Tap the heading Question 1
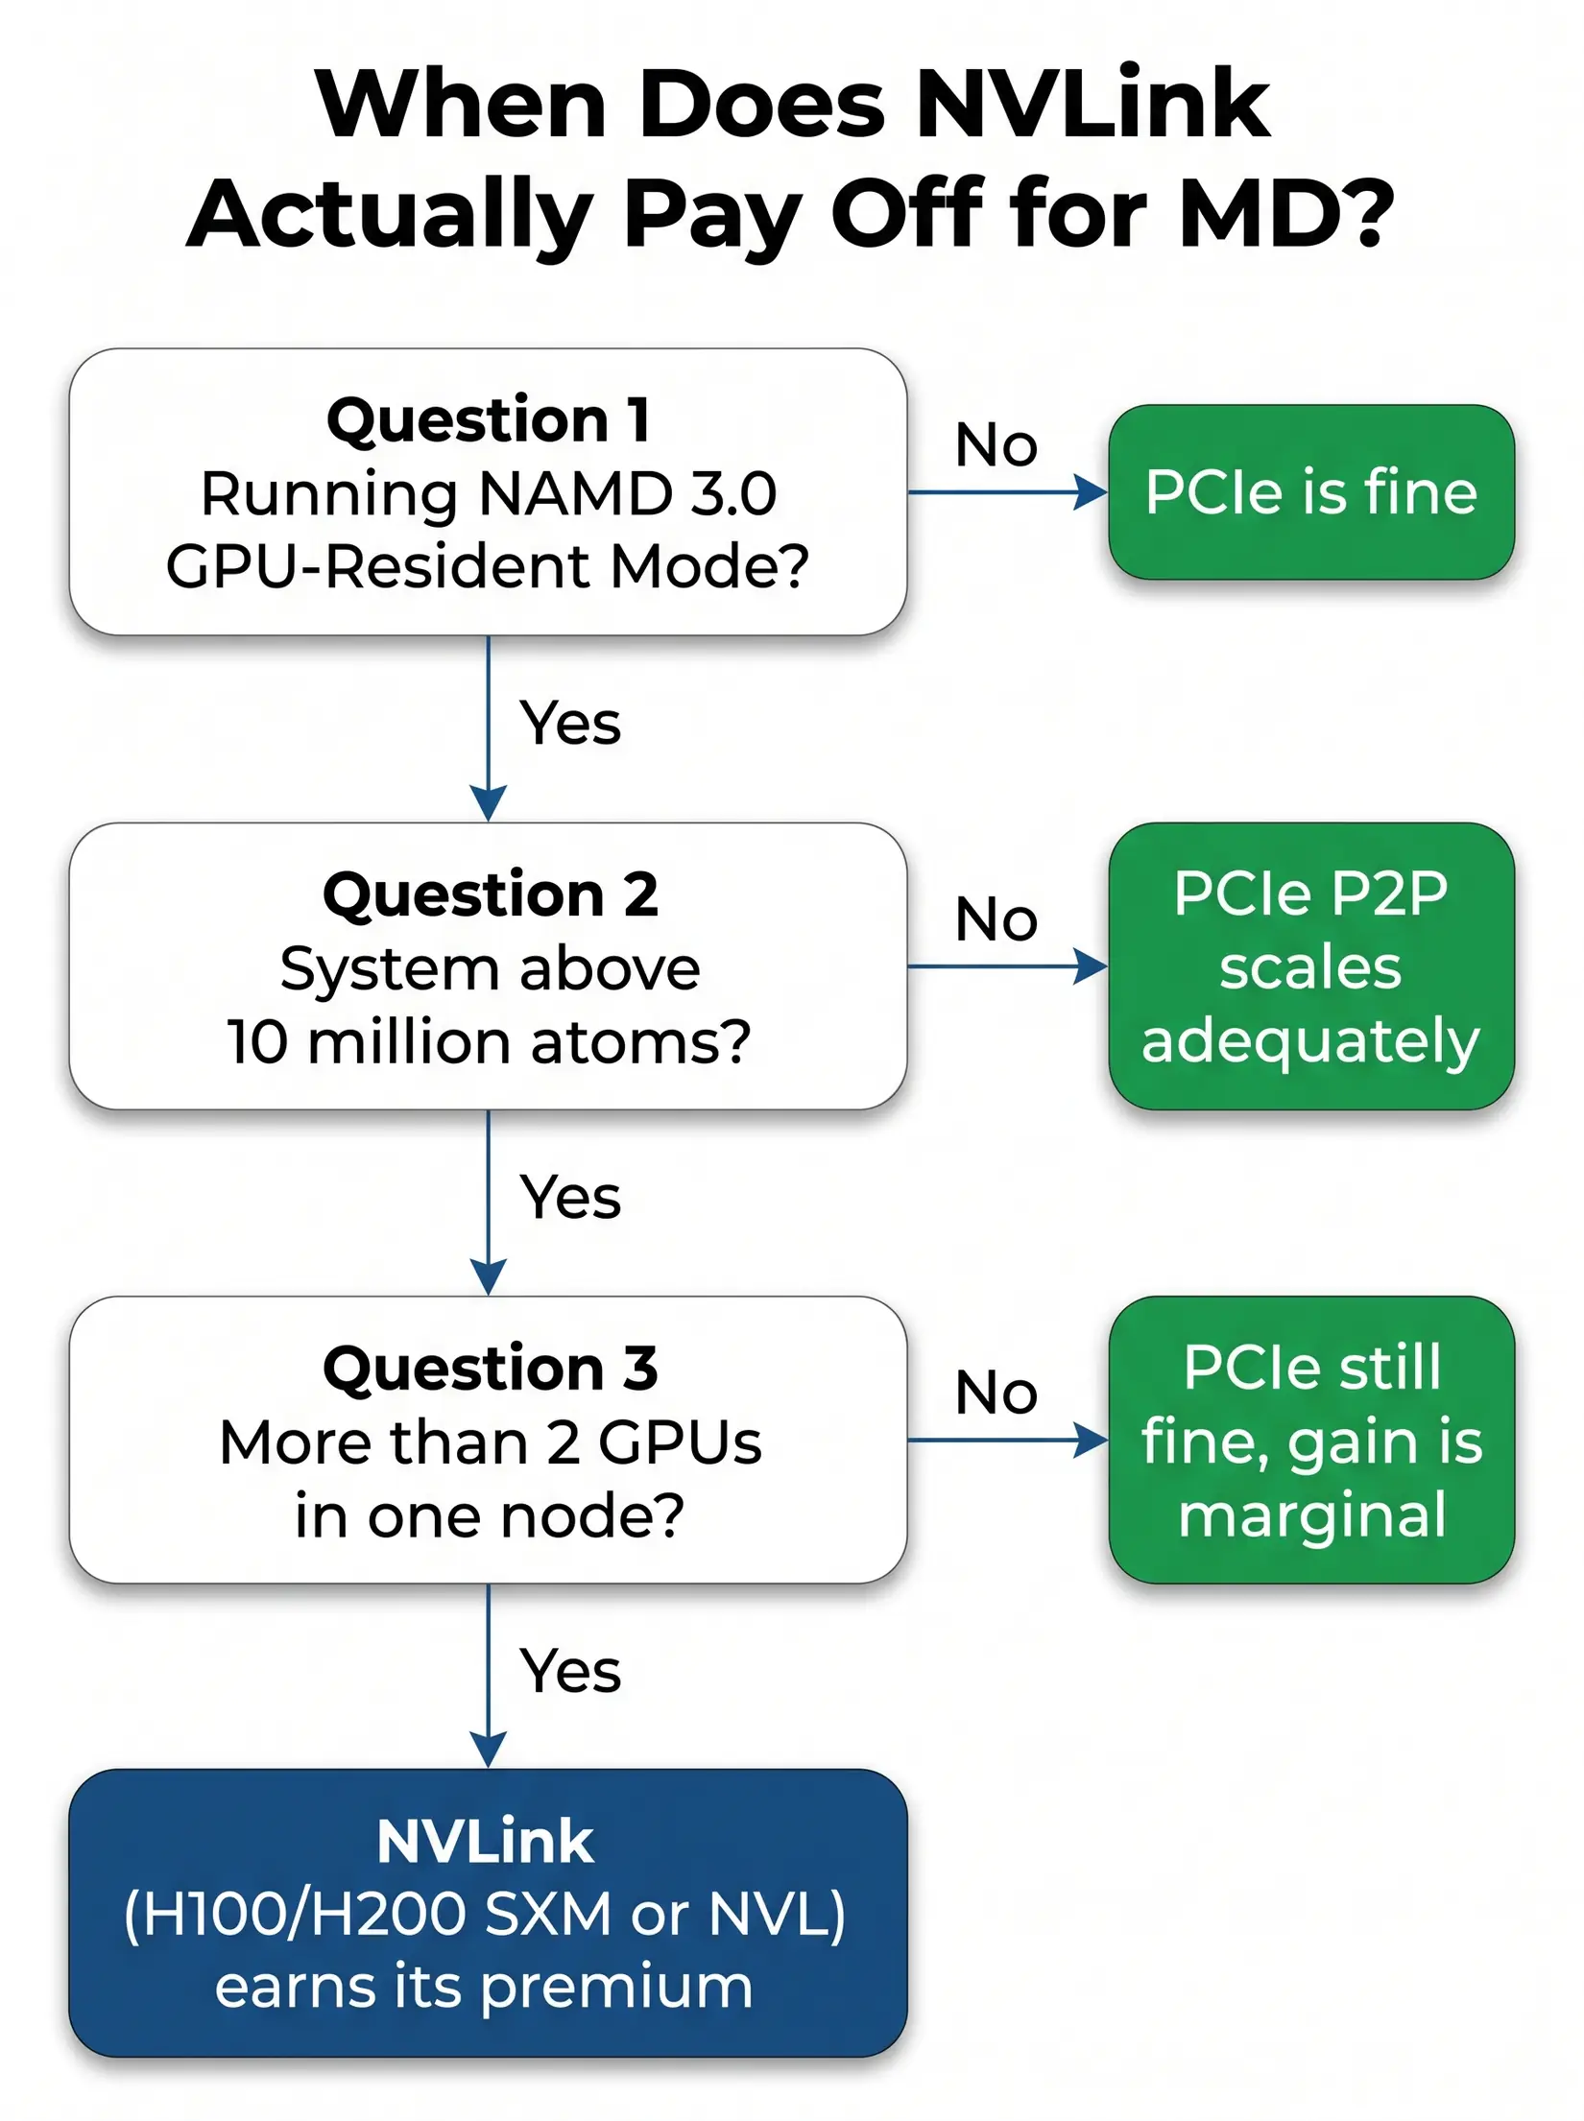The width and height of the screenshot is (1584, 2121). (x=489, y=420)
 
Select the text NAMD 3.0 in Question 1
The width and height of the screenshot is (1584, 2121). (x=627, y=493)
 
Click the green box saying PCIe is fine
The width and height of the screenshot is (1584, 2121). (x=1310, y=492)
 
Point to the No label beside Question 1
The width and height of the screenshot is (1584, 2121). (x=996, y=445)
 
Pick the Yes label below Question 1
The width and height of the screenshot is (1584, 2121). (x=569, y=723)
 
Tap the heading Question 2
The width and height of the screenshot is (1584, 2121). (x=490, y=894)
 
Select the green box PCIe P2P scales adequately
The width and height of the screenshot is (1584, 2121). (x=1310, y=966)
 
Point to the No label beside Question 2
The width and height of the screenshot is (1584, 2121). (x=996, y=919)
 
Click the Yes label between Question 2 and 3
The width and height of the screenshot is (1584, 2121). (x=569, y=1198)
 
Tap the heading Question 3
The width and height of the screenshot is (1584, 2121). (x=490, y=1369)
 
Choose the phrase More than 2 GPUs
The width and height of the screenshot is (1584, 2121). (x=490, y=1442)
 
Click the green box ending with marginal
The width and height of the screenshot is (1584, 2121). (x=1310, y=1440)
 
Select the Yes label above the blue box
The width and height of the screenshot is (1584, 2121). (x=569, y=1671)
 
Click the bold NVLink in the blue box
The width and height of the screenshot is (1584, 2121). (x=486, y=1842)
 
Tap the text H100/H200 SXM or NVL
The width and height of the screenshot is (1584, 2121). (x=486, y=1915)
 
